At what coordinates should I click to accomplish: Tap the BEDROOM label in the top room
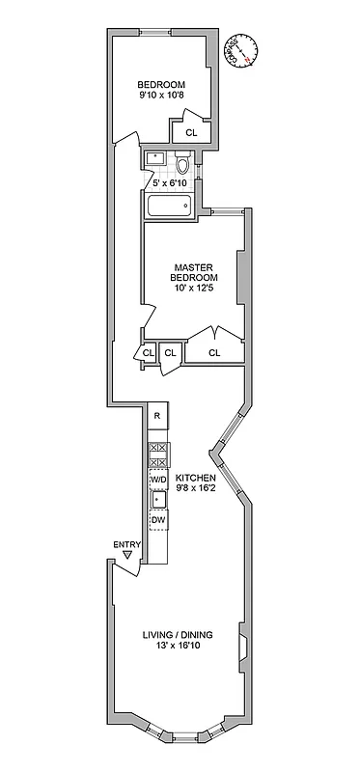click(x=161, y=84)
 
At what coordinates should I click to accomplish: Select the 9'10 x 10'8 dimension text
click(x=161, y=96)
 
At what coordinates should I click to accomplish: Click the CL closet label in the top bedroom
click(x=190, y=133)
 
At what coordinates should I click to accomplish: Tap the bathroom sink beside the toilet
click(x=154, y=157)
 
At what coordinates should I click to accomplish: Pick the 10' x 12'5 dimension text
click(x=193, y=289)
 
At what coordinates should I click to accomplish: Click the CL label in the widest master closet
click(x=214, y=353)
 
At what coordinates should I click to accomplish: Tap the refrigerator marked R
click(x=157, y=416)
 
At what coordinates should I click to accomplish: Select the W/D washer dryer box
click(x=158, y=480)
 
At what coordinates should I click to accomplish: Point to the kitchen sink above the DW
click(x=157, y=500)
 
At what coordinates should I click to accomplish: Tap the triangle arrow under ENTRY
click(x=127, y=557)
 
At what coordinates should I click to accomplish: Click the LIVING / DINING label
click(x=178, y=634)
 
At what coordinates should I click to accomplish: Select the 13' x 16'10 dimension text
click(x=178, y=647)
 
